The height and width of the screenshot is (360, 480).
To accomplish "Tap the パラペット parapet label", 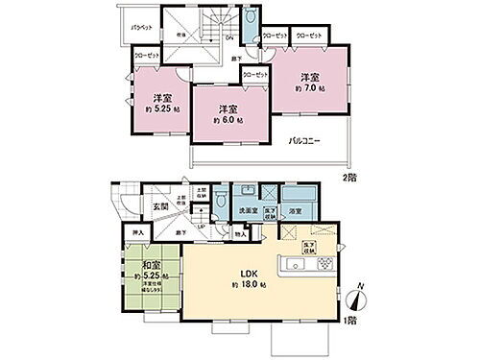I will point(142,29).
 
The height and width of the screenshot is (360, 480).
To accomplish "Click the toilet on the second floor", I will point(248,21).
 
